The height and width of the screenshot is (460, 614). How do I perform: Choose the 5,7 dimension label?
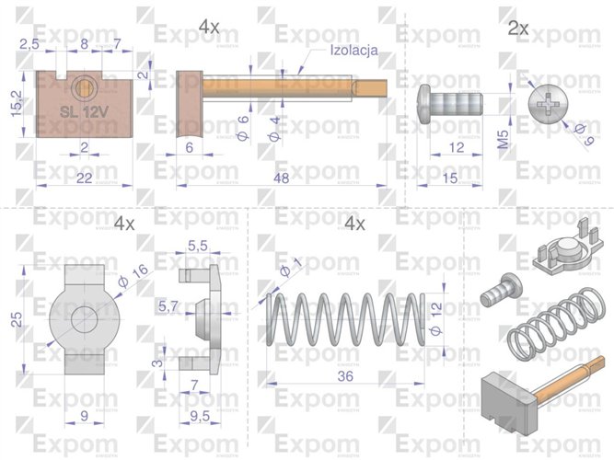168,305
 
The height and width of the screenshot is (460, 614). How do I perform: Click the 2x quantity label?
518,29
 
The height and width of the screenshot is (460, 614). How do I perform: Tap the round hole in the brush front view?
85,87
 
